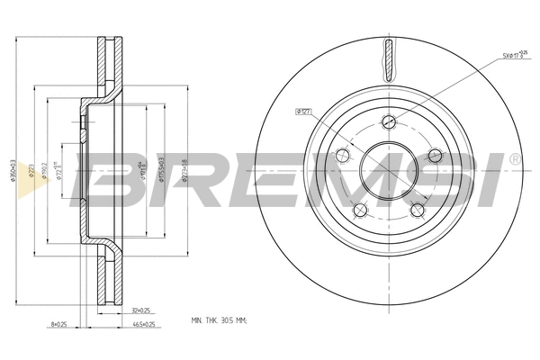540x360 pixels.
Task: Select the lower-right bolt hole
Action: (417, 211)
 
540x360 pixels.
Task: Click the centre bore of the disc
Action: (387, 171)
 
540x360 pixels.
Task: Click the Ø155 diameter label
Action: (162, 171)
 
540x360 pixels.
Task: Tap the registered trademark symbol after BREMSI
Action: (514, 158)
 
